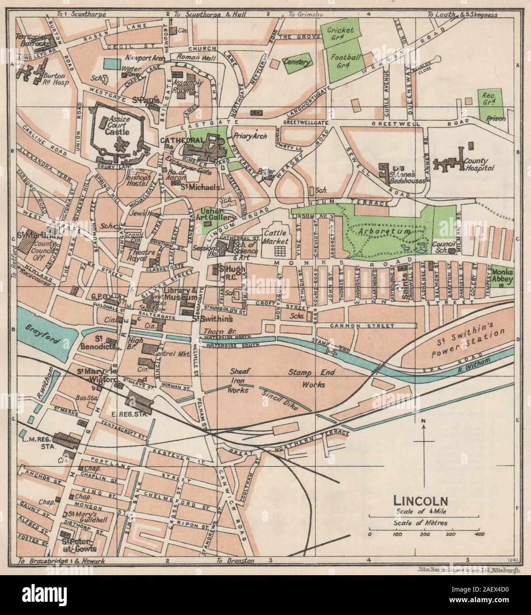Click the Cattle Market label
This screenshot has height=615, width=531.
coord(276,237)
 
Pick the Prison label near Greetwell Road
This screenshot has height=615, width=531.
coord(495,119)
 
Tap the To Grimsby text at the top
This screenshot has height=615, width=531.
coord(306,15)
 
